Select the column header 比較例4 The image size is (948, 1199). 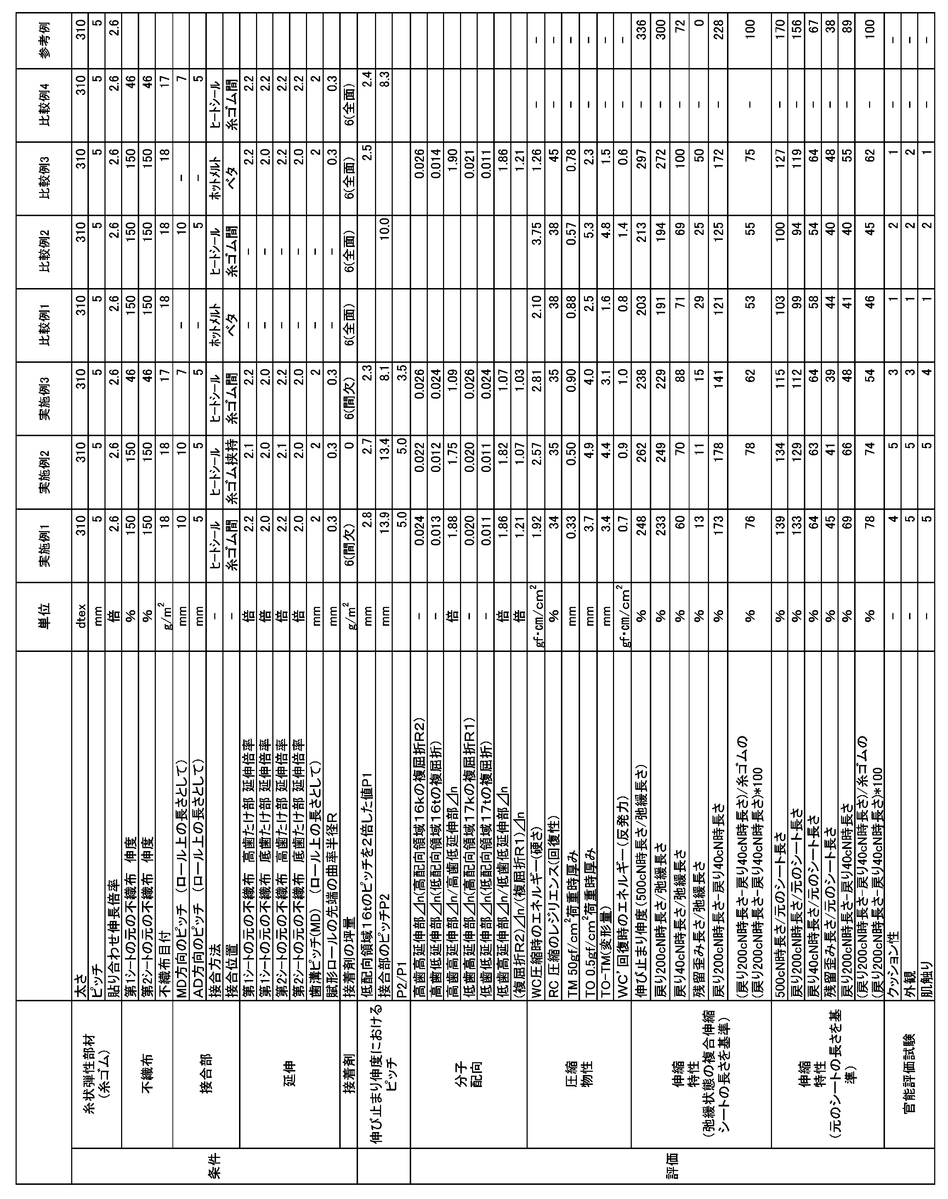point(44,106)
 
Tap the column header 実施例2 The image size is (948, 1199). point(44,472)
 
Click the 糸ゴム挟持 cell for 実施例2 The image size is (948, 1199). point(233,472)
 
